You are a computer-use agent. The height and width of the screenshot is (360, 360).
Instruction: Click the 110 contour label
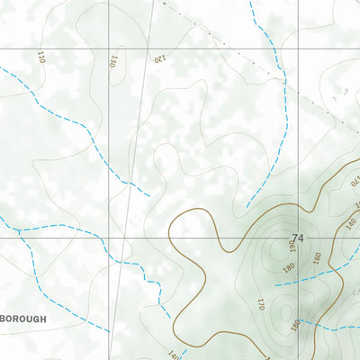point(40,57)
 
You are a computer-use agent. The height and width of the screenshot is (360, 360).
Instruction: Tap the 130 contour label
point(113,61)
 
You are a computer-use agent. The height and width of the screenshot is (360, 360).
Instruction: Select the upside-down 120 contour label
point(159,59)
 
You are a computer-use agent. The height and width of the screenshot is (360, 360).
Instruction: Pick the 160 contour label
point(317,256)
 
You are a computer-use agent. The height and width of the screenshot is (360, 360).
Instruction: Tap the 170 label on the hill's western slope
point(260,304)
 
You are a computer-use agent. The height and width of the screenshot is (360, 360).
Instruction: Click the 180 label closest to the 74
point(286,267)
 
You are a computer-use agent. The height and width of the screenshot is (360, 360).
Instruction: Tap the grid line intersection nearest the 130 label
point(110,48)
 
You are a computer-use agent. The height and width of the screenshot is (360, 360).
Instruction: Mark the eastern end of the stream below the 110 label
point(148,193)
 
